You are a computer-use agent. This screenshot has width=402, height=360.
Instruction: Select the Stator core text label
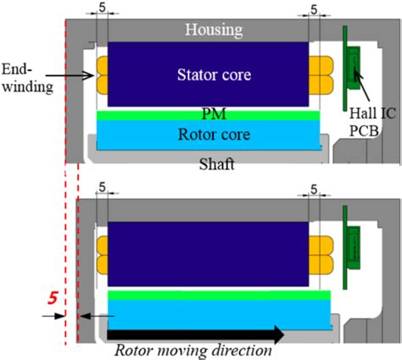(x=208, y=75)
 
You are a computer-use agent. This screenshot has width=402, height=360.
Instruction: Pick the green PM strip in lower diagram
(x=219, y=295)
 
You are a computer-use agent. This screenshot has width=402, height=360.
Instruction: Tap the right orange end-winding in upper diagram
(x=321, y=75)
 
